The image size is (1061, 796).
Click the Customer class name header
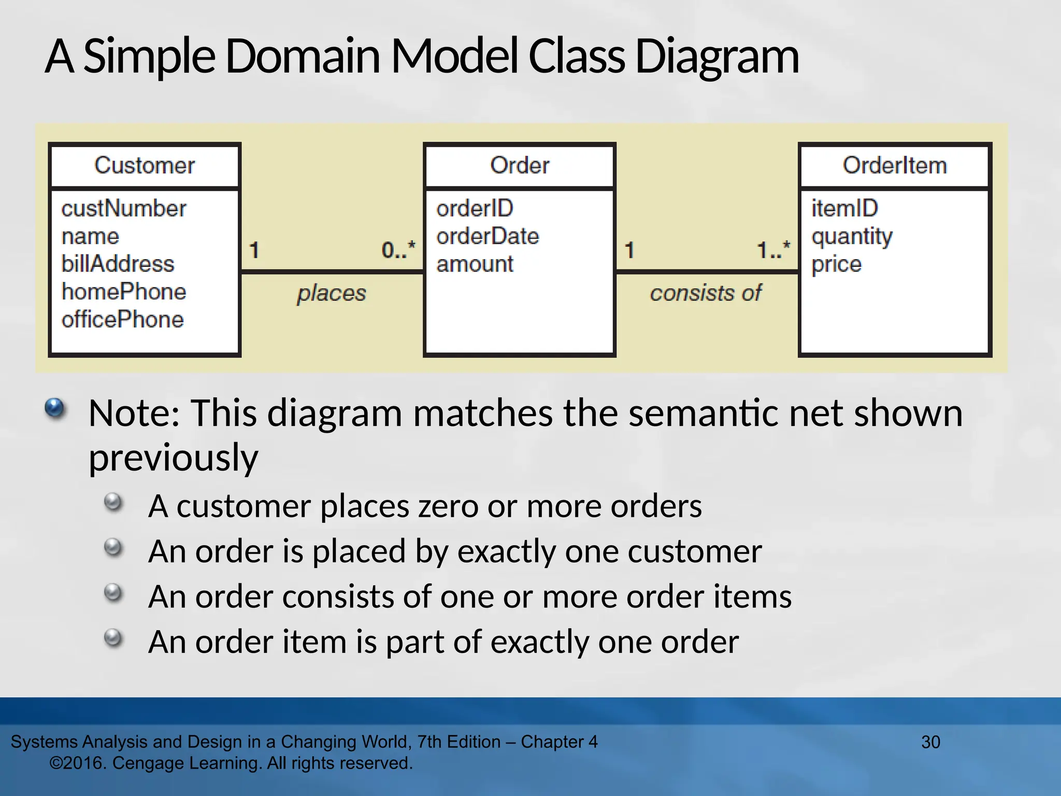coord(145,166)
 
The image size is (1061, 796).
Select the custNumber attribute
coord(123,209)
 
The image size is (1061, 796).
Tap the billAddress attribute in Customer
coord(118,264)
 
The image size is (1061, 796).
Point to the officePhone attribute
coord(122,320)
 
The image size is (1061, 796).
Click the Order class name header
coord(519,166)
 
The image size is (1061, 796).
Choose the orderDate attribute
coord(488,237)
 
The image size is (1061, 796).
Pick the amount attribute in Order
coord(475,264)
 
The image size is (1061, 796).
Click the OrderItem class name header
coord(895,166)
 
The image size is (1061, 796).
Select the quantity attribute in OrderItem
coord(852,237)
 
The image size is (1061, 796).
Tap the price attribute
coord(836,264)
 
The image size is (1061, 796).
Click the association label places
coord(332,293)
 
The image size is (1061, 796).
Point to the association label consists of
coord(706,293)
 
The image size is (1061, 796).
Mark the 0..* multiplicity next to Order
coord(398,250)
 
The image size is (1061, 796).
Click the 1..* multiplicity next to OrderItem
coord(773,250)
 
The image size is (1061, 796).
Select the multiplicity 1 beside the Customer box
coord(254,250)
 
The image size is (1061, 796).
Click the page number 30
coord(930,742)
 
